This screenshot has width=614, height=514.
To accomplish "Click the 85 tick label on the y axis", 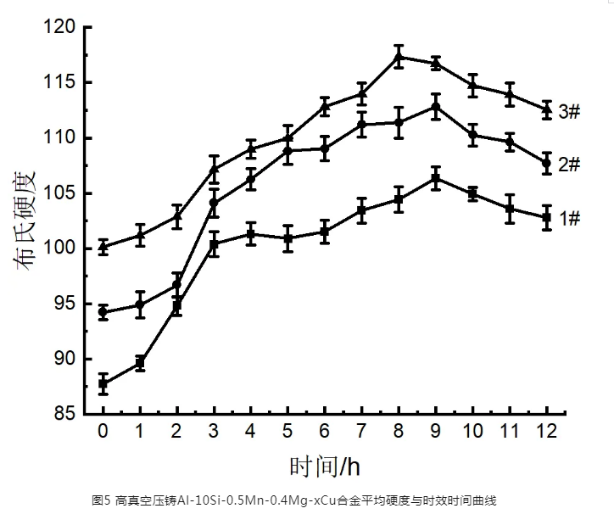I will pos(69,415).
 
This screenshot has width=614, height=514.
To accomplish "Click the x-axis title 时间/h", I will pos(326,467).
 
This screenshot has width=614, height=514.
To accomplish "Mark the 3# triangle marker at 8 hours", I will pos(399,57).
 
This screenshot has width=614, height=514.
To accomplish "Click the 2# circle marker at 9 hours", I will pos(435,107).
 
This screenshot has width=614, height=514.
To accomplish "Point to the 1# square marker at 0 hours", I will pos(103,383).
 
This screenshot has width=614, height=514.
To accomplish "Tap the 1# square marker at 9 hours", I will pos(435,178).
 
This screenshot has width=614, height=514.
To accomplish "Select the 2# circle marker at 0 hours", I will pos(103,312).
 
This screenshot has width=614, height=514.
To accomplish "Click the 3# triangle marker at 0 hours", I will pos(103,247).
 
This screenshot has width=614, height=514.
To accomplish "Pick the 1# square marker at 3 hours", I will pos(214,243).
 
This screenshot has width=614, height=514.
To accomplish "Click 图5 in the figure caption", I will pos(100,499).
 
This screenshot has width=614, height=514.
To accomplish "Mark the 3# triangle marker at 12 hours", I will pos(546,109).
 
